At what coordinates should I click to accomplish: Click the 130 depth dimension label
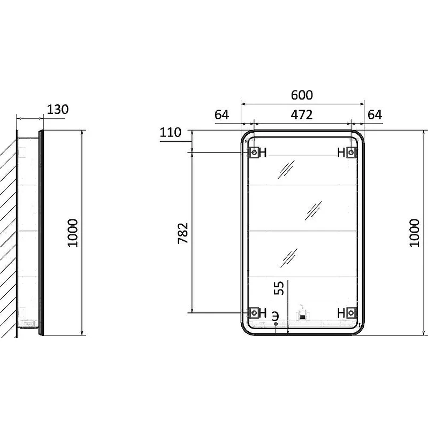click(x=58, y=110)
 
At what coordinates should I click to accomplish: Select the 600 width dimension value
click(x=302, y=95)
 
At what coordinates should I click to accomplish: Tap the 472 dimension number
click(x=301, y=115)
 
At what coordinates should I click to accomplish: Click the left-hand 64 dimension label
click(x=221, y=115)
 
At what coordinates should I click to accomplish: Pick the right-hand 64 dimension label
click(x=375, y=115)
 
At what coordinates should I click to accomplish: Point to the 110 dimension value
click(x=170, y=132)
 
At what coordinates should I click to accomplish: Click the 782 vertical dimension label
click(x=183, y=233)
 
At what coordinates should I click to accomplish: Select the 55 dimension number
click(x=279, y=288)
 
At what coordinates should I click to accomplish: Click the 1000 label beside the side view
click(x=73, y=233)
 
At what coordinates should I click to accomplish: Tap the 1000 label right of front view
click(x=414, y=233)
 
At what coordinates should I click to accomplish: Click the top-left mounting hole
click(x=255, y=152)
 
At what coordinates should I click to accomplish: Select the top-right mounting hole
click(x=351, y=152)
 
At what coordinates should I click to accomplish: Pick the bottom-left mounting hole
click(x=255, y=312)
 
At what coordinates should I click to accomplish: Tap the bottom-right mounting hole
click(x=351, y=312)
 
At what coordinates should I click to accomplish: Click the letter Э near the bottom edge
click(x=276, y=316)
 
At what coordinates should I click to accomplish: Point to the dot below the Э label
click(x=276, y=324)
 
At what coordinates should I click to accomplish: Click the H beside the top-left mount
click(x=263, y=152)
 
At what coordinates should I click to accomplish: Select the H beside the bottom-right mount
click(x=341, y=313)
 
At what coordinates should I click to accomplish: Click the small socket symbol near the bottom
click(x=302, y=316)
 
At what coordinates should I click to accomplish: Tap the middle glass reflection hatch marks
click(x=314, y=210)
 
